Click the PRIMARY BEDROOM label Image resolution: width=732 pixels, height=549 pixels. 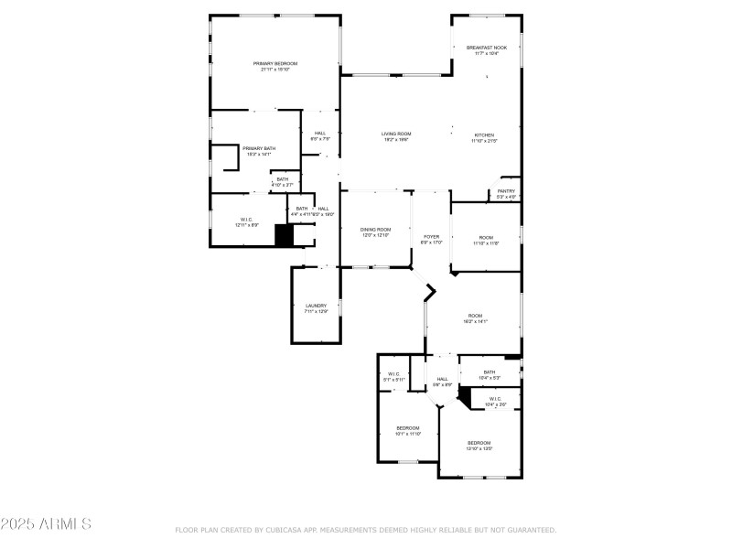pyautogui.click(x=275, y=63)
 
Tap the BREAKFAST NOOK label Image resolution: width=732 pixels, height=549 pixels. pyautogui.click(x=486, y=48)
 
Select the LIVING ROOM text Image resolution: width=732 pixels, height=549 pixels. pyautogui.click(x=395, y=134)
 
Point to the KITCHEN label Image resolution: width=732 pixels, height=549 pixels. pyautogui.click(x=483, y=134)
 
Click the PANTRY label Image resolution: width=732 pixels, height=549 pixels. pyautogui.click(x=506, y=191)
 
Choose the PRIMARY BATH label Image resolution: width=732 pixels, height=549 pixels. pyautogui.click(x=258, y=148)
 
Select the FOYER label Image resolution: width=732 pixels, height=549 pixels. pyautogui.click(x=431, y=237)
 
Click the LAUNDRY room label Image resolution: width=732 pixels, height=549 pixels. pyautogui.click(x=316, y=306)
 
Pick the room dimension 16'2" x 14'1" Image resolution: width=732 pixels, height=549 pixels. pyautogui.click(x=475, y=321)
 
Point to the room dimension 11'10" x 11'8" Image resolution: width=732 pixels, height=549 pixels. pyautogui.click(x=486, y=242)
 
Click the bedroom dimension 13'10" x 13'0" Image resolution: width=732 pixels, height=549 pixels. pyautogui.click(x=479, y=448)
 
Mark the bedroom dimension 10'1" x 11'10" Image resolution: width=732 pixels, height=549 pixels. pyautogui.click(x=408, y=434)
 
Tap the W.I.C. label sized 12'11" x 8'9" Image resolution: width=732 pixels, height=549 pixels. pyautogui.click(x=246, y=224)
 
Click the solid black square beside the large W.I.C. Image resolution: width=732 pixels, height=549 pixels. pyautogui.click(x=285, y=235)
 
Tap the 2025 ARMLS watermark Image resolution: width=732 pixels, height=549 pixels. pyautogui.click(x=46, y=524)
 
